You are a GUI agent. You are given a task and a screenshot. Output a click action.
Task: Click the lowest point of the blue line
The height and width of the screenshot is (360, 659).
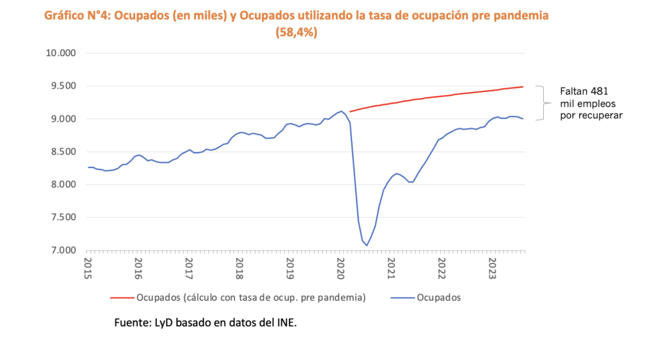click(367, 245)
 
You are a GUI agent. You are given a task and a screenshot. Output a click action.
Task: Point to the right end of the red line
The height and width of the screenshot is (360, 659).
click(523, 87)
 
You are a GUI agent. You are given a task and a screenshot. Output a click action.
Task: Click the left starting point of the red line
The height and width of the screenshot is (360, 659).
click(350, 111)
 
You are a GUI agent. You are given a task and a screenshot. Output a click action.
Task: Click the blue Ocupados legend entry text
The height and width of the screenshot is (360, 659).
click(438, 298)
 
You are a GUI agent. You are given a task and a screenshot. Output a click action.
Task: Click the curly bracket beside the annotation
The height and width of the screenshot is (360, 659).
click(547, 103)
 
